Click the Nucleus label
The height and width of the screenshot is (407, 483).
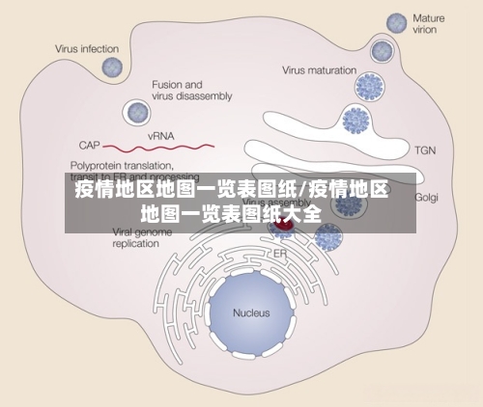(x=251, y=312)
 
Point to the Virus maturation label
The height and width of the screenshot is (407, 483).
(x=320, y=69)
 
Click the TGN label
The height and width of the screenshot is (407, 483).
(x=426, y=150)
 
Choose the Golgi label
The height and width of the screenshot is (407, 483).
(x=426, y=197)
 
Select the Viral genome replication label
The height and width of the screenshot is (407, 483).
(x=122, y=238)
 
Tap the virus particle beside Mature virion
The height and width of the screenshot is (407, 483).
(x=396, y=23)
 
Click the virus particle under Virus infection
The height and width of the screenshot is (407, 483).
(x=113, y=68)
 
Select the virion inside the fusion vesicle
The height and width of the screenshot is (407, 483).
(x=136, y=112)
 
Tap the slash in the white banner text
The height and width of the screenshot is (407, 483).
(x=302, y=189)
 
